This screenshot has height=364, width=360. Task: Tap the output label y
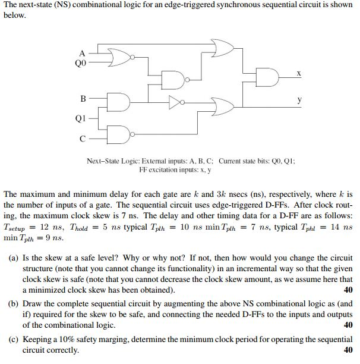click(299, 101)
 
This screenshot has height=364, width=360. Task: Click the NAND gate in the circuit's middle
click(173, 79)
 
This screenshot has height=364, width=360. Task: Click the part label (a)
click(13, 259)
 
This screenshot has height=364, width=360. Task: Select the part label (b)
click(13, 303)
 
